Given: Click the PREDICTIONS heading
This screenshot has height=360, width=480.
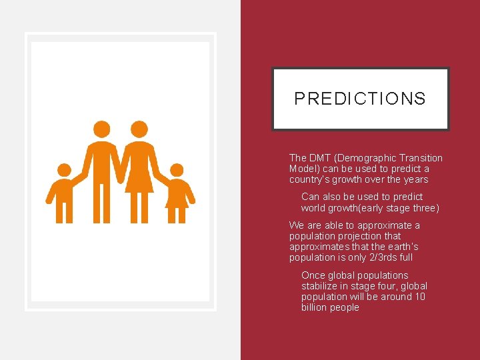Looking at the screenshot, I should tap(360, 99).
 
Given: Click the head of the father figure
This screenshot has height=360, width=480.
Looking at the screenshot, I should tap(101, 129).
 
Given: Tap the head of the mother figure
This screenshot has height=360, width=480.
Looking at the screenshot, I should tap(139, 129).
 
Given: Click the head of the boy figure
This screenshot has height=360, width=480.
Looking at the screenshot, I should tap(64, 171).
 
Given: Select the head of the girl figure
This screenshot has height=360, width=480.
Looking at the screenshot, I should tap(177, 171).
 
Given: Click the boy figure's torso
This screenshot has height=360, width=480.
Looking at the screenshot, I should tap(64, 193).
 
